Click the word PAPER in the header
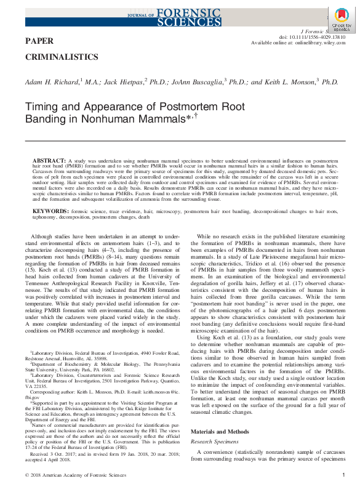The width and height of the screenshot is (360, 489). tap(39, 41)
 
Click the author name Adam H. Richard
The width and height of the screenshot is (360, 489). tap(51, 82)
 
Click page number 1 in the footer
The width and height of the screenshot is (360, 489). tap(343, 475)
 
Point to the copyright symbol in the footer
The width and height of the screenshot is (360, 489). tap(26, 475)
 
